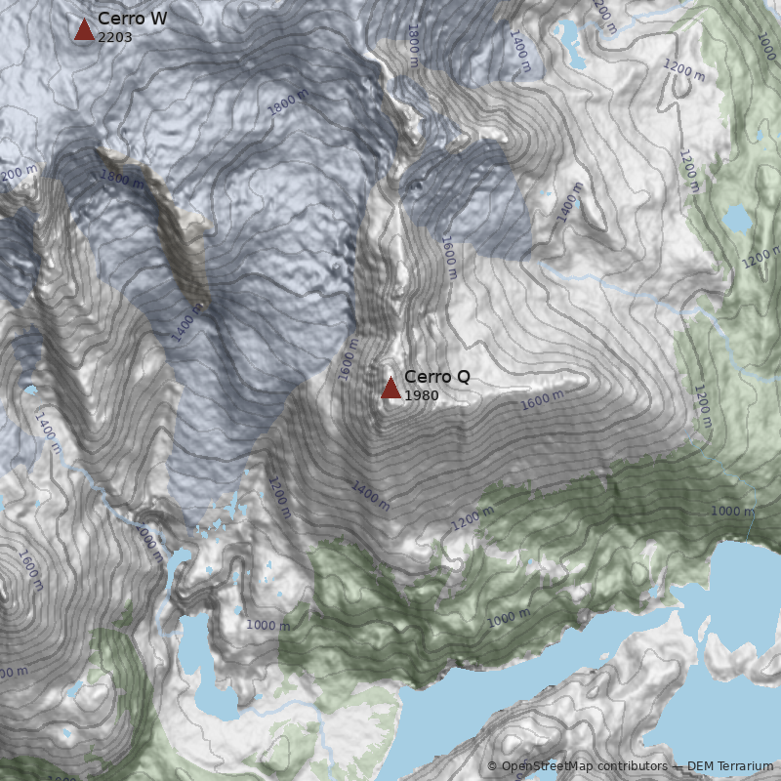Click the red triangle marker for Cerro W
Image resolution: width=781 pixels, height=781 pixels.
[x=84, y=29]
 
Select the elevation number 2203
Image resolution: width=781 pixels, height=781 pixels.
[x=115, y=37]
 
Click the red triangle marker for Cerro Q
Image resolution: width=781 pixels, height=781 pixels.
[x=390, y=389]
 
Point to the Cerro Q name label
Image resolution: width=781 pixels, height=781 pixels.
[x=436, y=377]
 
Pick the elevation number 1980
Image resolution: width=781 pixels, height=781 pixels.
[x=421, y=395]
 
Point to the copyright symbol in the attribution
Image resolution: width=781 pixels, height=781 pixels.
[x=492, y=766]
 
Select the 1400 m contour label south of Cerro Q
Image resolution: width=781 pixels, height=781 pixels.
[x=371, y=496]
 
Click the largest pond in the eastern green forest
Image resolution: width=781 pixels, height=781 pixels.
[x=736, y=219]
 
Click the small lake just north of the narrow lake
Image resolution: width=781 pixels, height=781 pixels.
[x=182, y=565]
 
